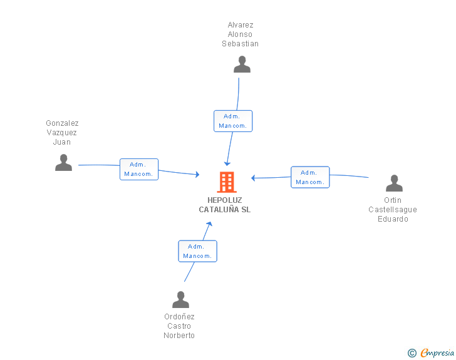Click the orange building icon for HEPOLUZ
point(227,182)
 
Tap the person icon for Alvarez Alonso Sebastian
point(242,64)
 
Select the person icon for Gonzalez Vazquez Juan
point(63,163)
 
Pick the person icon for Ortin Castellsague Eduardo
point(394,183)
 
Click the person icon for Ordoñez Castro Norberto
point(180,299)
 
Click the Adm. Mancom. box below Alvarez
point(233,121)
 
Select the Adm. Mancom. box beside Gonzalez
point(139,169)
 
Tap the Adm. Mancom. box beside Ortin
point(310,177)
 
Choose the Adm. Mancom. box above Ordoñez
point(197,251)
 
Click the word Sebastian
point(241,44)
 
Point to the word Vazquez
point(61,133)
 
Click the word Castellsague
point(393,210)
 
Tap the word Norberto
point(179,336)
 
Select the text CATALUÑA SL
point(224,209)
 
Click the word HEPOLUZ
point(224,200)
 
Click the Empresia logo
point(437,352)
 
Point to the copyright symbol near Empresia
point(412,353)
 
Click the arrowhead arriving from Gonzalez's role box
point(197,174)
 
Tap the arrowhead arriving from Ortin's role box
point(253,178)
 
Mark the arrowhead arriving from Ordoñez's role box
point(209,224)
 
